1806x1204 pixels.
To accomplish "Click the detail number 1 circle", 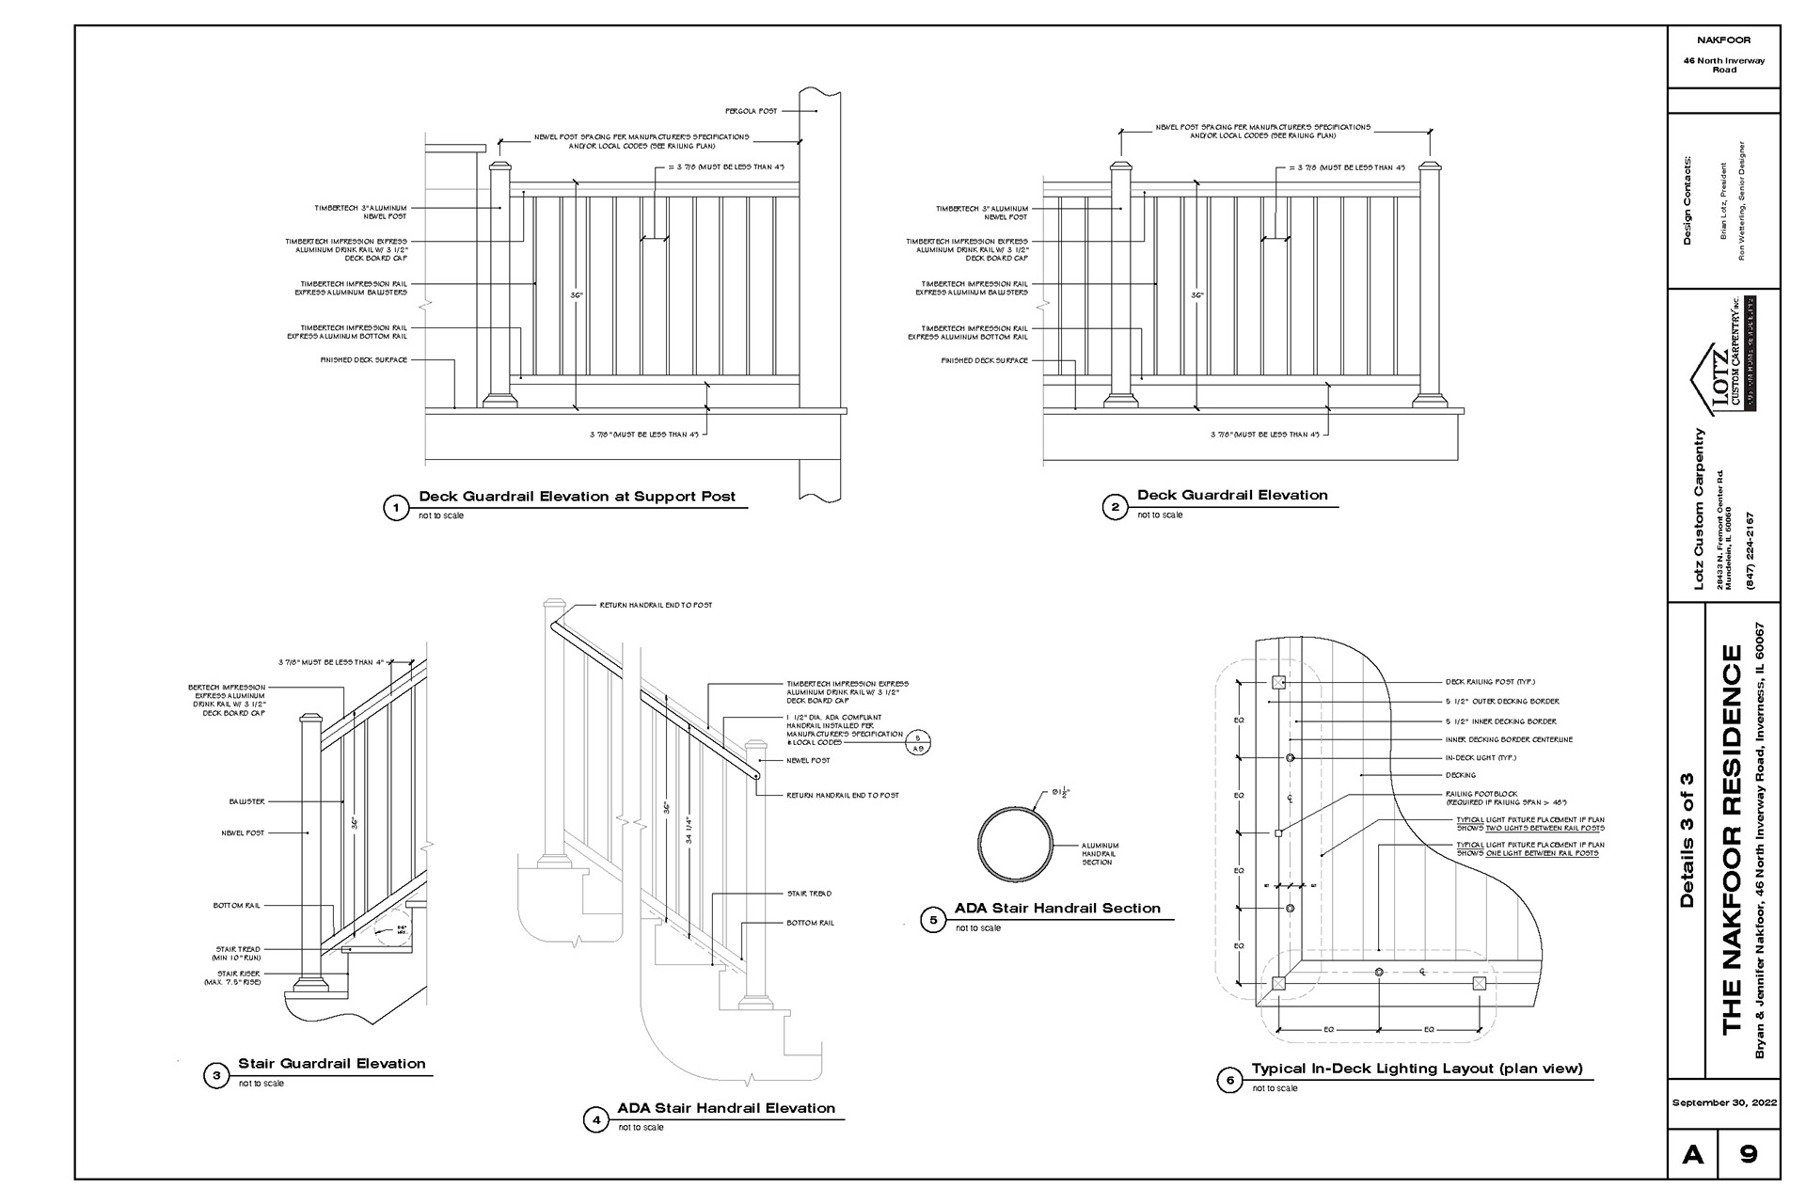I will (x=396, y=509).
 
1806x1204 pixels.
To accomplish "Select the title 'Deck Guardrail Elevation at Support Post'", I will (x=577, y=497).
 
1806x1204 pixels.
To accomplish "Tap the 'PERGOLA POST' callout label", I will (x=751, y=111).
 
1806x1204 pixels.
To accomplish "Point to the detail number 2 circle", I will (x=1115, y=508).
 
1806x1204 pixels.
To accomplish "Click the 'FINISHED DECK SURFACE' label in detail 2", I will (x=984, y=360).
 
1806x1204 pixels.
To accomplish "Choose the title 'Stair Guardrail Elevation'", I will (x=331, y=1064).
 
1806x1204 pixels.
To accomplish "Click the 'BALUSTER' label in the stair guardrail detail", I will (x=246, y=801).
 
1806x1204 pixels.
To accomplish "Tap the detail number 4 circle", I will (x=595, y=1120).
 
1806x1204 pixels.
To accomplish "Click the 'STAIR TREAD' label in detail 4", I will (x=809, y=894).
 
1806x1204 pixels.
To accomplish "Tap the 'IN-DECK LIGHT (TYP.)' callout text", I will (x=1481, y=757).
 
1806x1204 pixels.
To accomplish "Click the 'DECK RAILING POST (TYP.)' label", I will (x=1490, y=682).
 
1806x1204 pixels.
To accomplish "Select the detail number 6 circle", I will (x=1229, y=1081).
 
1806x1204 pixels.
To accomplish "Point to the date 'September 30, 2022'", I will (x=1724, y=1102).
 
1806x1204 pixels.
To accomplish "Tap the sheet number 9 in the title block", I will (x=1749, y=1153).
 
